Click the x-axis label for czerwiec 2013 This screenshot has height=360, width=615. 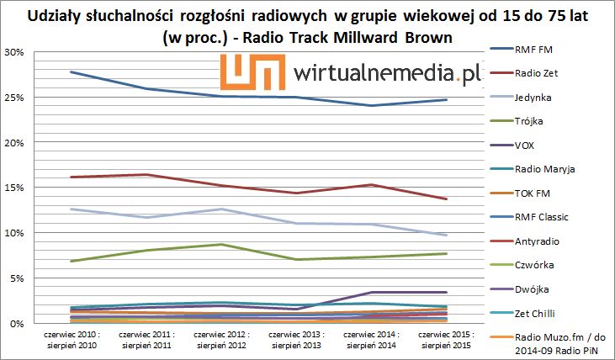point(296,338)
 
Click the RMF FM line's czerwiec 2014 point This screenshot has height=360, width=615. point(371,105)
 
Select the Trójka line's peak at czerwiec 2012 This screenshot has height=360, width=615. point(221,244)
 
